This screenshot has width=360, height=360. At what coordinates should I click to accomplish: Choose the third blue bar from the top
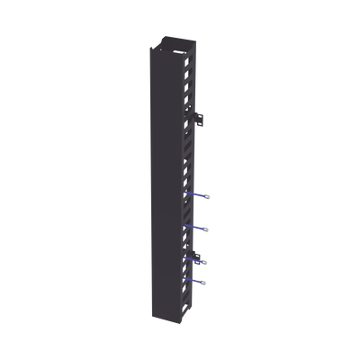[193, 259]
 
